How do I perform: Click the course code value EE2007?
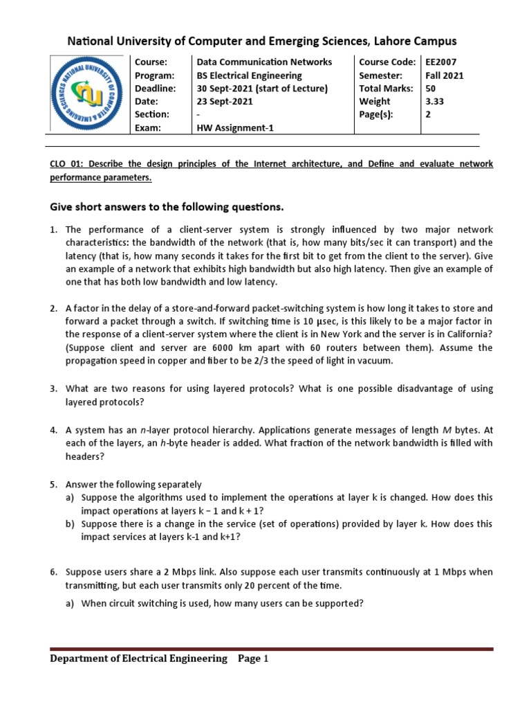tap(441, 62)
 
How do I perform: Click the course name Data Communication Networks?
tap(264, 62)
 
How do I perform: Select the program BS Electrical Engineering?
tap(249, 75)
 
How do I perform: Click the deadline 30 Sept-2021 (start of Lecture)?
tap(262, 88)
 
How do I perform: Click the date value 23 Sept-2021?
tap(225, 101)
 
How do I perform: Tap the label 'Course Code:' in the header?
tap(387, 62)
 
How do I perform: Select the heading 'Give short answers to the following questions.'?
tap(166, 207)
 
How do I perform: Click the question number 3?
tap(53, 389)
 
